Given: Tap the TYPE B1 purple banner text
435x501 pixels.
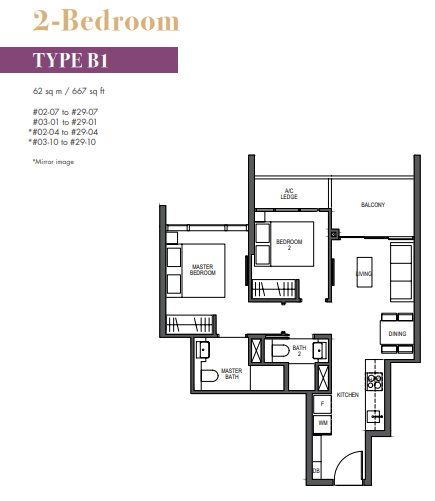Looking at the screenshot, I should pos(70,60).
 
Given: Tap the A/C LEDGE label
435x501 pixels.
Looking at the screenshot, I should pos(289,192).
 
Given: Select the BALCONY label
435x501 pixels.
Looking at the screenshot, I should pos(373,205).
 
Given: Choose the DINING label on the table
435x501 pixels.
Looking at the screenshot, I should pos(398,334).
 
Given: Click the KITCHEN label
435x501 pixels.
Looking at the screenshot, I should pos(347,395).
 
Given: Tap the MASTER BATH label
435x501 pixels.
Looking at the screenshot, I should pos(232,373).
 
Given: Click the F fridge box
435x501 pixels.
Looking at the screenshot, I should pos(321,405).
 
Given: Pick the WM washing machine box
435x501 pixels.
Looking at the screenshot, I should pos(321,423).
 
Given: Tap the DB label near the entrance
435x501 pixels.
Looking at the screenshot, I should pos(316,469).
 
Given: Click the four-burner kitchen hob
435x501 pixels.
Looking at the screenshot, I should pos(377,381).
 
